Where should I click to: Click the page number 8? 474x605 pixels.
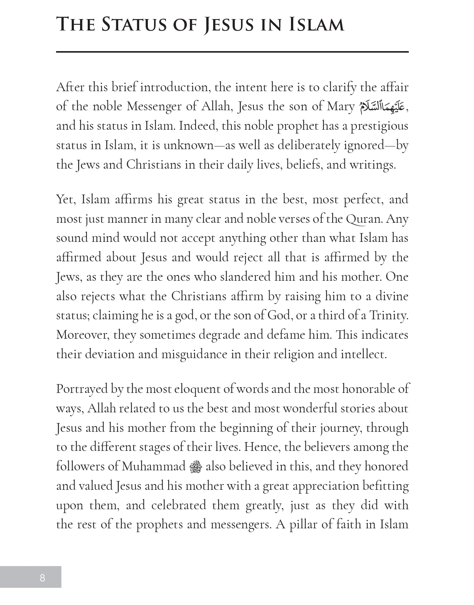coord(42,578)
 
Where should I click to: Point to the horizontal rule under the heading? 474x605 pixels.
coord(232,51)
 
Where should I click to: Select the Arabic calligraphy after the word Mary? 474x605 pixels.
coord(382,107)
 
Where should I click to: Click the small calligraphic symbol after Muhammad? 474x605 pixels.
coord(196,467)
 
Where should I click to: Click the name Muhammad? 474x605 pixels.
coord(153,467)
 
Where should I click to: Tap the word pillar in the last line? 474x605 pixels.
coord(303,525)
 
